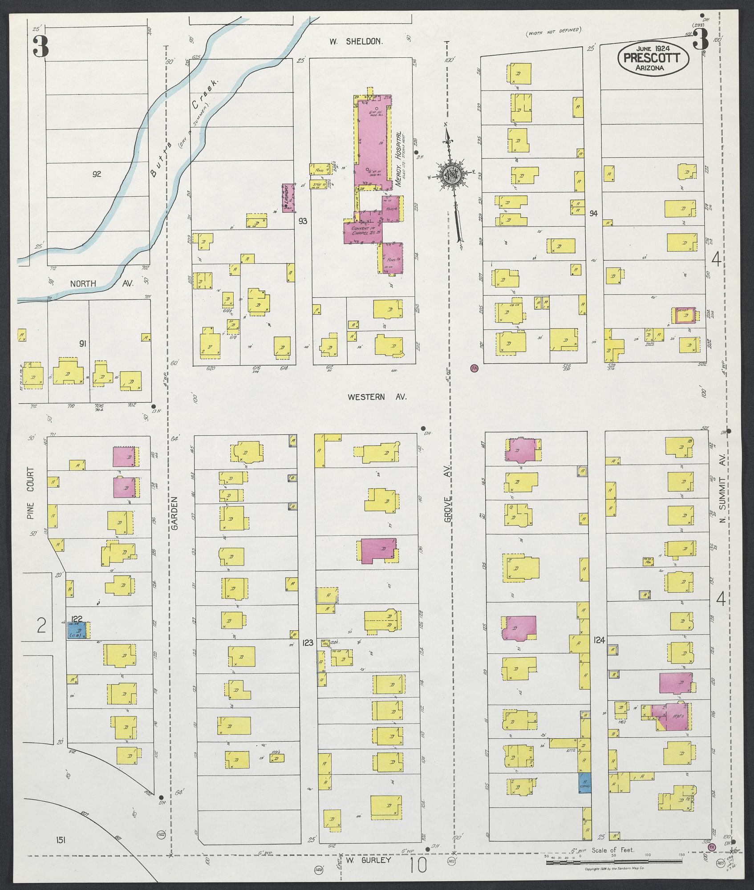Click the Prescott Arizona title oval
point(653,58)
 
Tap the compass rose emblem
point(452,174)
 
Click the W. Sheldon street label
point(356,41)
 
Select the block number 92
point(97,174)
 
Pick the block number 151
point(62,840)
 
